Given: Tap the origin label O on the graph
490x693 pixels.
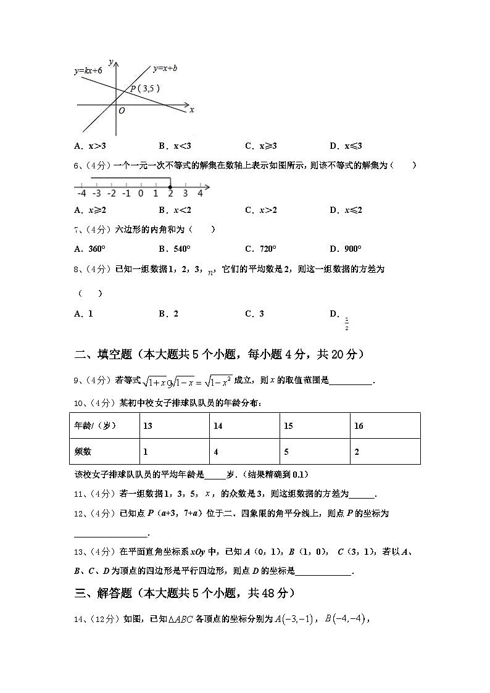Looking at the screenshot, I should tap(122, 110).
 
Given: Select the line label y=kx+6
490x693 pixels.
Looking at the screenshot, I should tap(88, 71).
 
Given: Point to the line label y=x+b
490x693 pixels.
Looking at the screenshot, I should tap(165, 68).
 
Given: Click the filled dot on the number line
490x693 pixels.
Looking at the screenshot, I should tap(170, 186).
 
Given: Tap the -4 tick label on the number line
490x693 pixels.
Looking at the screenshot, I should tap(81, 193).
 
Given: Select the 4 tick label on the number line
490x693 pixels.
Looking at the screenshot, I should tap(200, 193).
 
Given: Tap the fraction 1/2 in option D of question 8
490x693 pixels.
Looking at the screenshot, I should tap(347, 323).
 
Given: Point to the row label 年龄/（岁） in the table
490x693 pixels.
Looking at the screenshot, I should tap(95, 426).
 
